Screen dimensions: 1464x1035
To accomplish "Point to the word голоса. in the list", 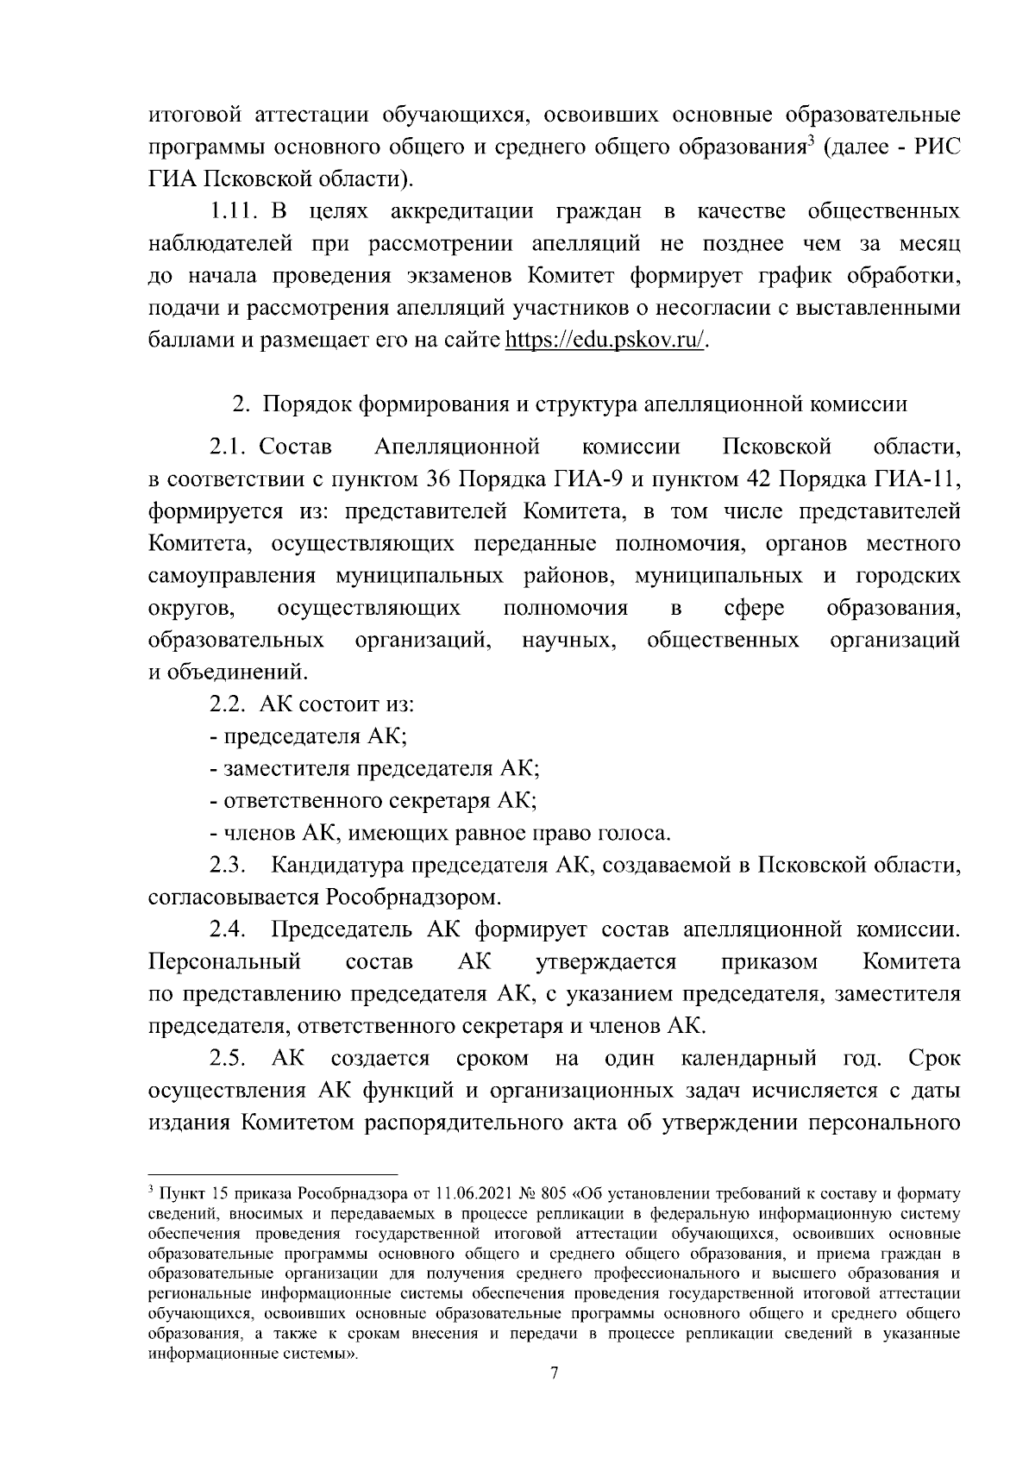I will point(636,834).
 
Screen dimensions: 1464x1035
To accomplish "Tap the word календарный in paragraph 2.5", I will point(749,1058).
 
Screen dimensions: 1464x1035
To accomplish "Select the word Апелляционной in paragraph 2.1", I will point(457,447).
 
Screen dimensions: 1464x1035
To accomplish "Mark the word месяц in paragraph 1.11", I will point(925,244).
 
